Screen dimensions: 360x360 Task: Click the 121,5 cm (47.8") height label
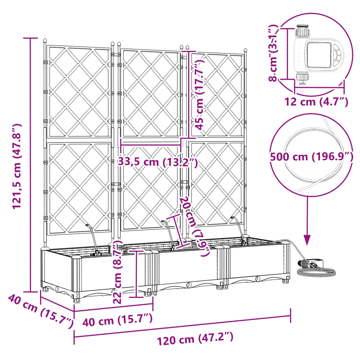click(17, 166)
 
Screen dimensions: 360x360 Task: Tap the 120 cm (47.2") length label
click(196, 339)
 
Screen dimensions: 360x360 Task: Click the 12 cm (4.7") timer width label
click(316, 102)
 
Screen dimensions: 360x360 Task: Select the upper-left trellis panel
click(79, 92)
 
